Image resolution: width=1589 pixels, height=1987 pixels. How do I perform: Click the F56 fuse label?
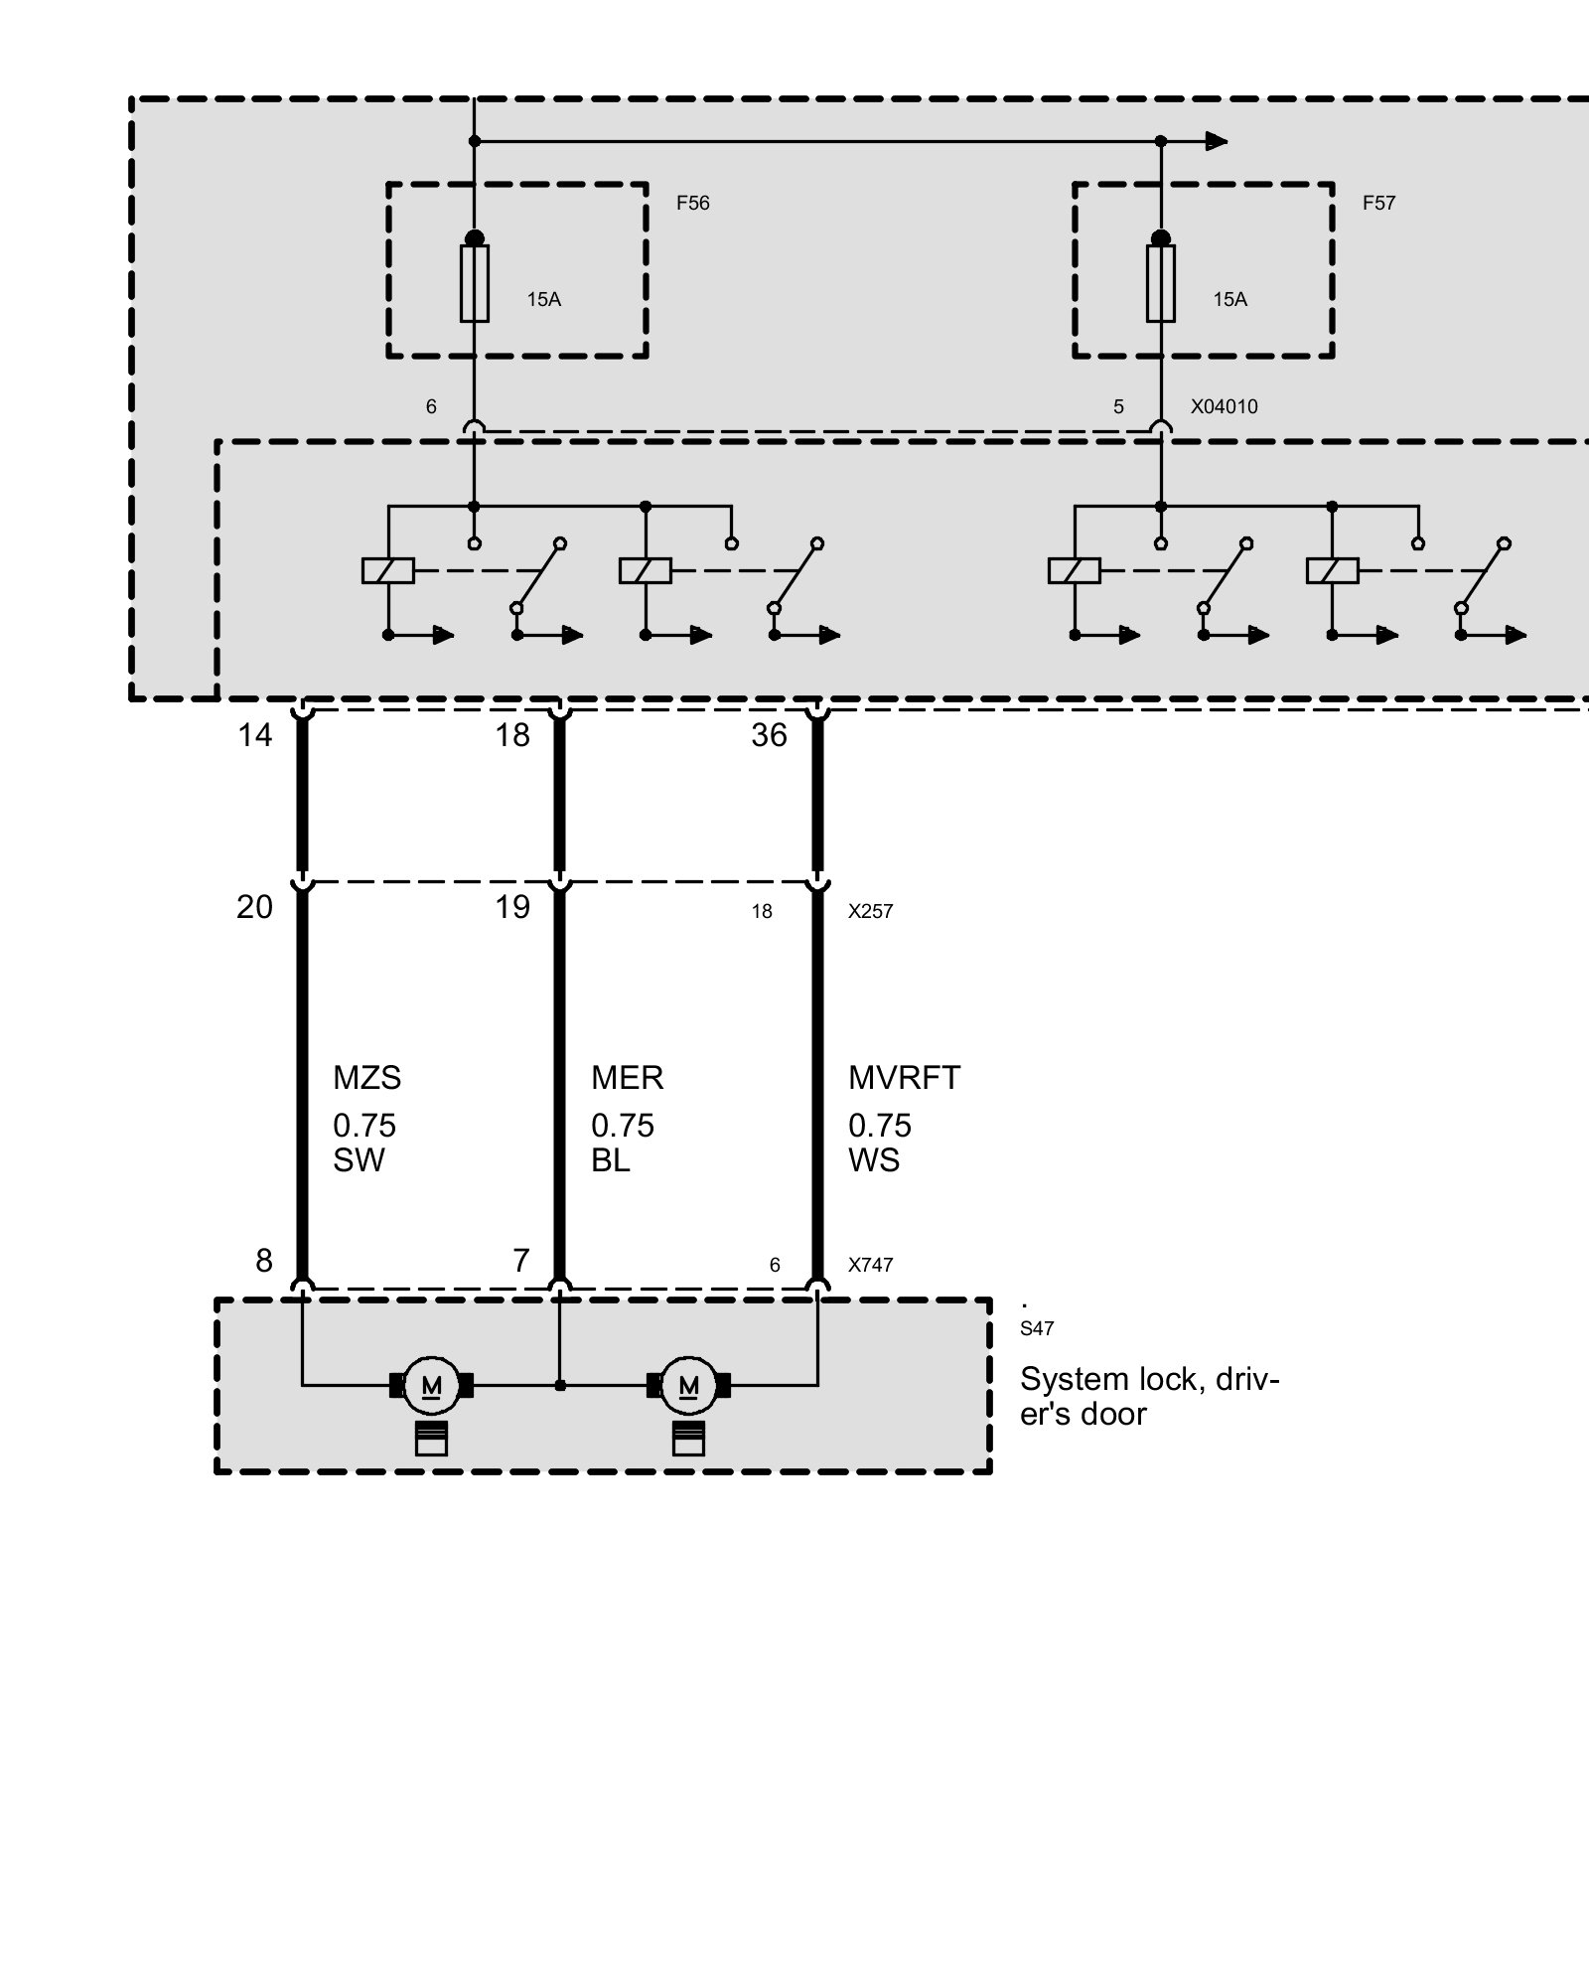click(x=692, y=204)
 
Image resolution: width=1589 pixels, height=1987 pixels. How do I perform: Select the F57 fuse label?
click(x=1378, y=204)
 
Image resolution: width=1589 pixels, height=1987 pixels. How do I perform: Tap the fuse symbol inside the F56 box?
click(x=475, y=283)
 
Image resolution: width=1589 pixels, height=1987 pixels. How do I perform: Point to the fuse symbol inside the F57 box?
click(x=1160, y=283)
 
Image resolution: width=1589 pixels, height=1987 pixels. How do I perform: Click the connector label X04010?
click(x=1224, y=407)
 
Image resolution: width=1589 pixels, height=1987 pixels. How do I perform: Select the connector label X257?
click(x=870, y=912)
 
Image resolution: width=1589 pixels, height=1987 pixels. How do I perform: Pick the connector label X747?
click(x=870, y=1266)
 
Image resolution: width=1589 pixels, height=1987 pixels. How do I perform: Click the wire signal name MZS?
click(x=366, y=1078)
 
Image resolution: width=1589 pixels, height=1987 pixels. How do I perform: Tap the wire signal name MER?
click(x=627, y=1078)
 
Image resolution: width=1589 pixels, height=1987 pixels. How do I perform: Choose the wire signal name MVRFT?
click(x=904, y=1078)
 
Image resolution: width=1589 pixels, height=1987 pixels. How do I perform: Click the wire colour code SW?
click(x=359, y=1160)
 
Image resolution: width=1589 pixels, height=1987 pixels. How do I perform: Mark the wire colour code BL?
click(x=610, y=1160)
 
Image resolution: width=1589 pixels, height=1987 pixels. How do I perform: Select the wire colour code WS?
click(x=874, y=1160)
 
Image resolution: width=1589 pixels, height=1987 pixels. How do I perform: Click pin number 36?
click(x=769, y=736)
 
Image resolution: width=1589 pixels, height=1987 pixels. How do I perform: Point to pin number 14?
click(x=254, y=736)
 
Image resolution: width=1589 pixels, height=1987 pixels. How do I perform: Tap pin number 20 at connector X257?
click(x=254, y=907)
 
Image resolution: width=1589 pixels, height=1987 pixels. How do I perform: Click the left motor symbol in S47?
click(x=432, y=1385)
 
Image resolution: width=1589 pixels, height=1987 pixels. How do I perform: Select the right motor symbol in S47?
click(x=688, y=1385)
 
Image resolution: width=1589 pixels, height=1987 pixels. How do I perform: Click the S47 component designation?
click(x=1037, y=1329)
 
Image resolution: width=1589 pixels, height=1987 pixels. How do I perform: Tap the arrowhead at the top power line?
click(x=1216, y=141)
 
